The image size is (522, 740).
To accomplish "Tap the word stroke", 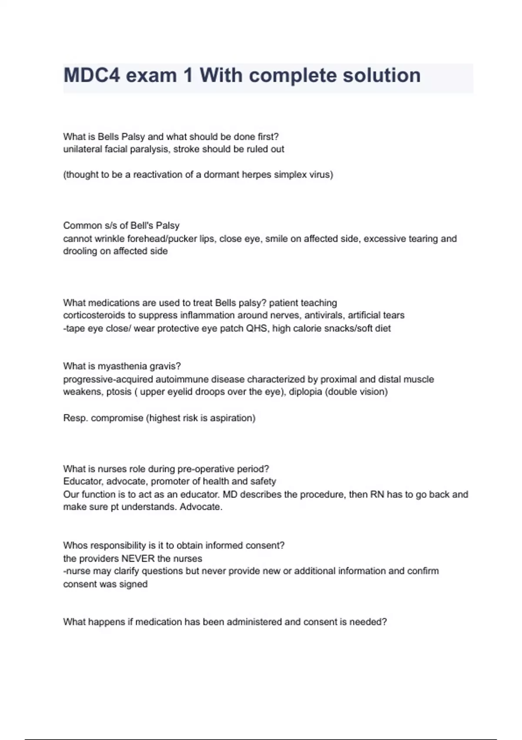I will [187, 149].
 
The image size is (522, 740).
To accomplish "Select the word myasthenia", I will [123, 366].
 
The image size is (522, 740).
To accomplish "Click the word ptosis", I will [119, 392].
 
